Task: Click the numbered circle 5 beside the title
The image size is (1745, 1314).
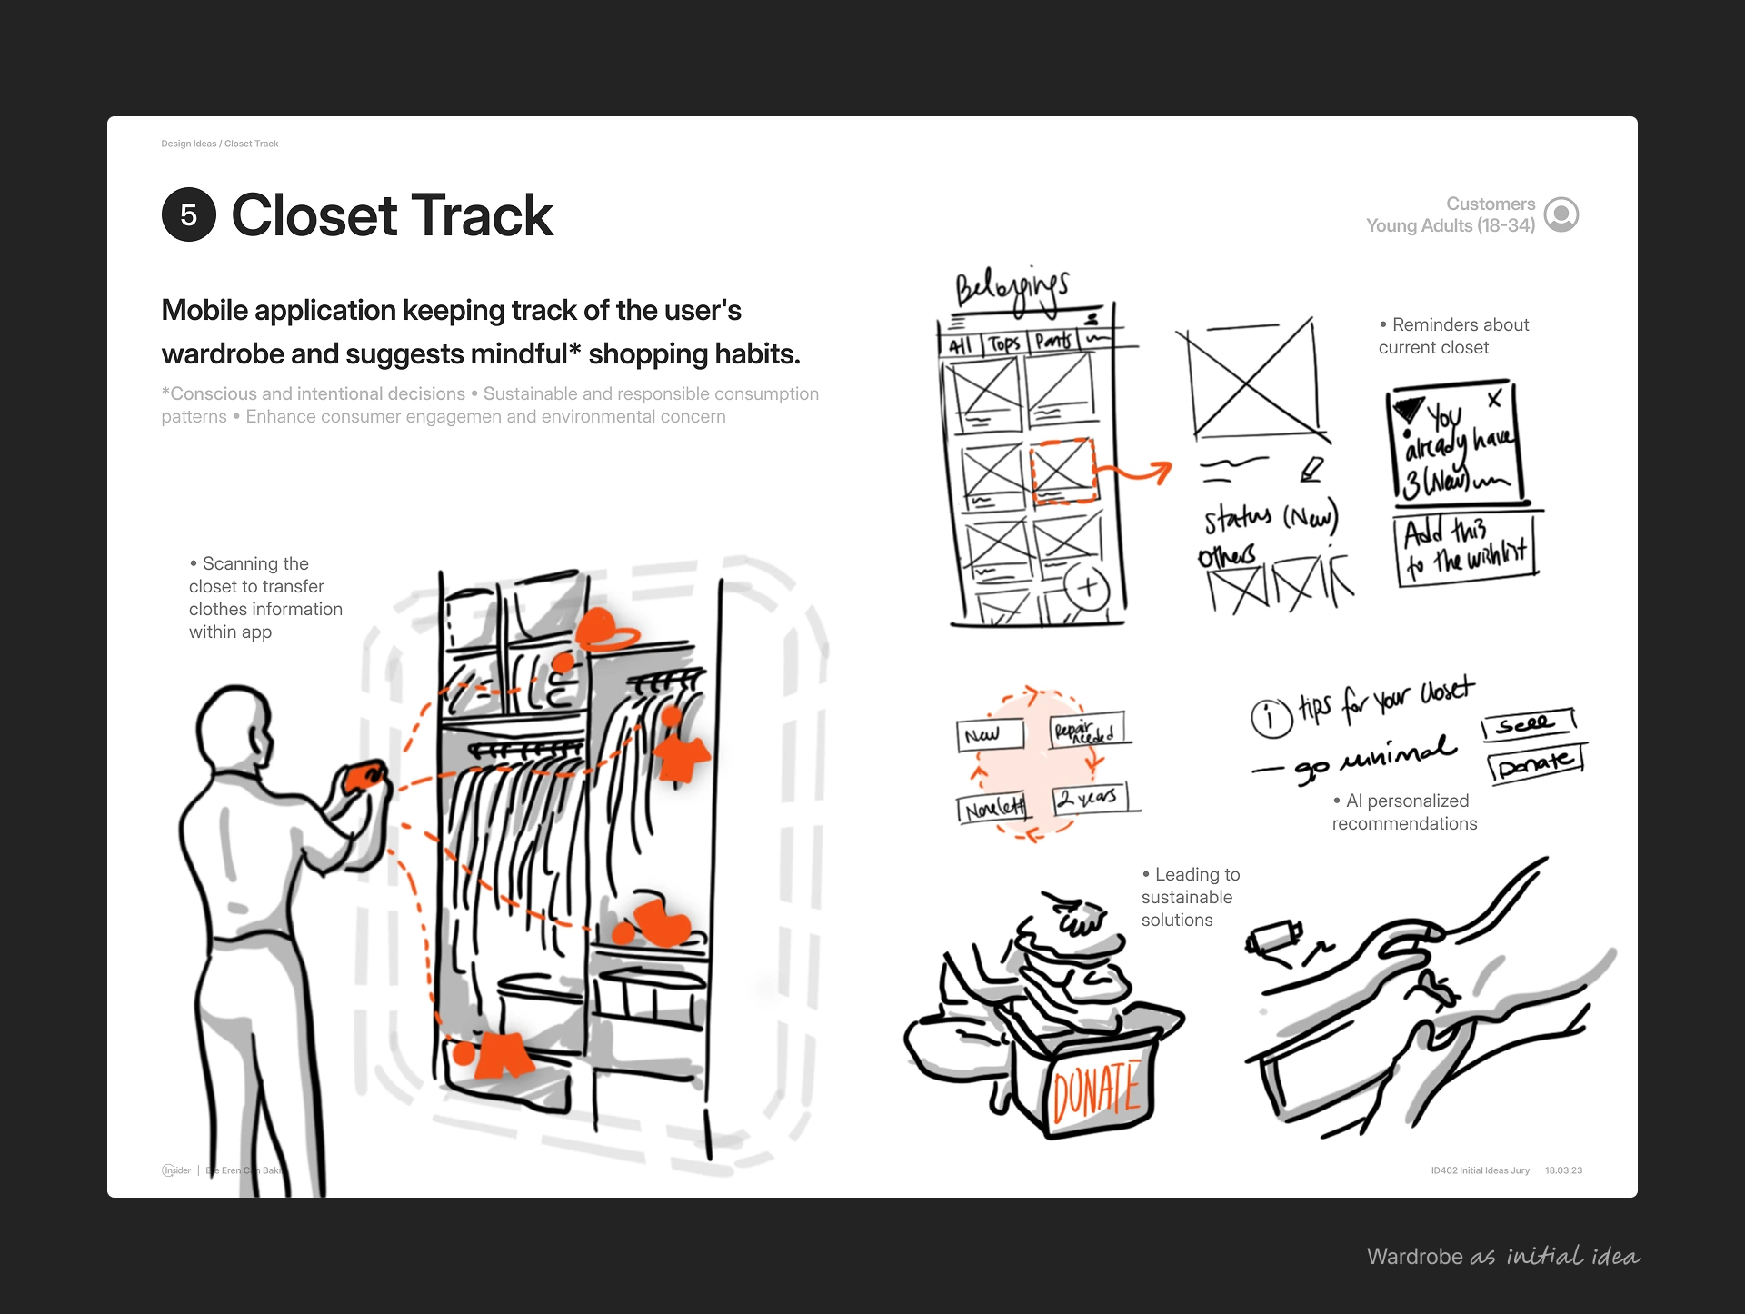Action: click(x=189, y=215)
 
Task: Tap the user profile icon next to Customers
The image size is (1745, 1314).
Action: click(x=1561, y=215)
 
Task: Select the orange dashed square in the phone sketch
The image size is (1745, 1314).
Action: click(x=1062, y=470)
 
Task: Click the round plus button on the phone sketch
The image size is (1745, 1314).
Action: click(x=1087, y=587)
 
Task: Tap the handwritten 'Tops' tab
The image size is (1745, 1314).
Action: click(x=1004, y=343)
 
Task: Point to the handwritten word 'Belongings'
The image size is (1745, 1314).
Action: click(x=1012, y=289)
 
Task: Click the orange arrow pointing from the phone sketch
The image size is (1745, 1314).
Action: click(x=1136, y=473)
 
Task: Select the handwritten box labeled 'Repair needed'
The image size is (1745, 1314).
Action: click(x=1087, y=731)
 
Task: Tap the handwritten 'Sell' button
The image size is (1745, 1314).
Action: click(x=1527, y=724)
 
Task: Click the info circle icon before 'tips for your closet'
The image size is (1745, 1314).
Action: click(x=1271, y=717)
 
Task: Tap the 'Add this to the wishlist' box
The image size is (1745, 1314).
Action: click(x=1464, y=549)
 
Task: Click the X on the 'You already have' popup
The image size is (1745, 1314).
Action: click(x=1494, y=399)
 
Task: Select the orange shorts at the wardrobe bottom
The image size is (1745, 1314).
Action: click(x=504, y=1055)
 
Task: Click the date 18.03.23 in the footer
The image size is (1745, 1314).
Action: click(x=1563, y=1170)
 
